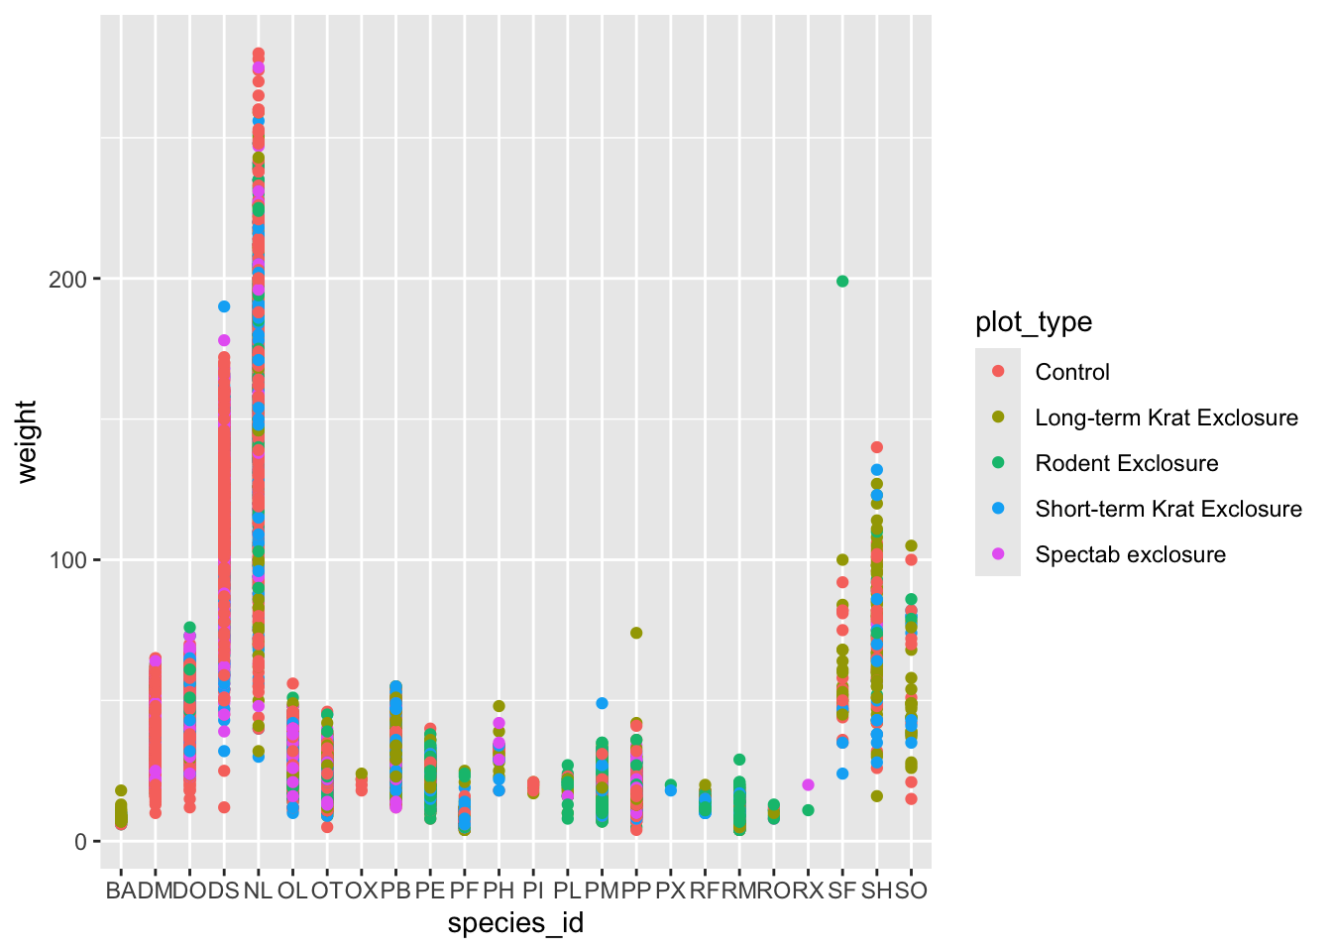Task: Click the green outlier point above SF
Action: [x=842, y=282]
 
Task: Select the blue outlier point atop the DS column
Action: [x=224, y=306]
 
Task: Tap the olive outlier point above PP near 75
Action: [x=636, y=633]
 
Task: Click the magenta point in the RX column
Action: [x=808, y=784]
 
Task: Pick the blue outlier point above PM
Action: [x=602, y=703]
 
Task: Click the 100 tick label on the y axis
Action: [x=67, y=560]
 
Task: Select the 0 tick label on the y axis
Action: [x=81, y=842]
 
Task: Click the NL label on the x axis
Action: [x=258, y=891]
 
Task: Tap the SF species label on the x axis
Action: [x=842, y=891]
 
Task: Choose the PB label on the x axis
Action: [x=395, y=891]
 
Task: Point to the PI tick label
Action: [x=533, y=891]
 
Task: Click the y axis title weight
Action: [x=27, y=441]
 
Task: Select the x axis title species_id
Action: [x=515, y=924]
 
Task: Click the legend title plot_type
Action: [x=1034, y=322]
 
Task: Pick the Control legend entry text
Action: [x=1071, y=372]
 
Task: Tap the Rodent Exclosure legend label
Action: [x=1126, y=463]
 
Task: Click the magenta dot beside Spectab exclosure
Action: [x=998, y=554]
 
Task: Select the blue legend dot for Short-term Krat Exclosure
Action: [x=998, y=509]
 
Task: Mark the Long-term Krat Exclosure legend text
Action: [x=1165, y=417]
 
